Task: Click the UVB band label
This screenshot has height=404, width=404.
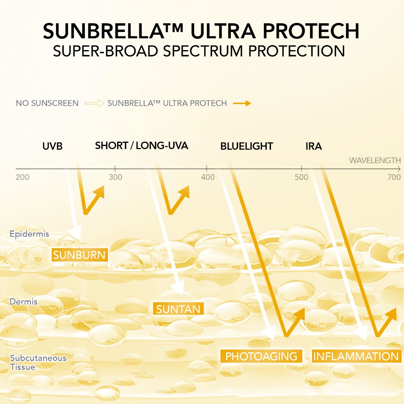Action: pos(52,146)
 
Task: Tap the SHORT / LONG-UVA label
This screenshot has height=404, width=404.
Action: pos(142,146)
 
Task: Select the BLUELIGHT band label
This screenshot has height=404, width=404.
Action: pos(247,146)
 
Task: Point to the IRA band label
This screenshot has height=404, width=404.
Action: pos(314,146)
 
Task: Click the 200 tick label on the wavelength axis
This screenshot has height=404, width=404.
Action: pos(22,177)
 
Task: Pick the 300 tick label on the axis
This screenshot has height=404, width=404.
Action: pos(115,177)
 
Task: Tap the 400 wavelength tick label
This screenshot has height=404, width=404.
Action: pos(208,177)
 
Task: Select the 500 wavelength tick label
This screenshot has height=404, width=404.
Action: pos(301,177)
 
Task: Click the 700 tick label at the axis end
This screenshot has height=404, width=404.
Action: pos(394,177)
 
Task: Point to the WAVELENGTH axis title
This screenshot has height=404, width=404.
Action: pos(375,161)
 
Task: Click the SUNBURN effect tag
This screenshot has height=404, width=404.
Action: pos(80,255)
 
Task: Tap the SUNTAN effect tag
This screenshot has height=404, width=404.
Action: pos(178,309)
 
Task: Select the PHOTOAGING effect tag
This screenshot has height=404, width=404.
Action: pos(261,356)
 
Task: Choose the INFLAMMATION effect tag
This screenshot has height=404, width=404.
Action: pos(357,356)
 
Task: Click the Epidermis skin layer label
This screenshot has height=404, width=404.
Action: pos(29,234)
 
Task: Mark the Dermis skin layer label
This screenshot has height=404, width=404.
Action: pos(23,302)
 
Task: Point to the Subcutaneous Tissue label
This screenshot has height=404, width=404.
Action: pos(38,362)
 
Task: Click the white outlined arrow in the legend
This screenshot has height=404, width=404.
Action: pos(95,103)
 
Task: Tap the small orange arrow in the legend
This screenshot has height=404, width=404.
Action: pos(242,103)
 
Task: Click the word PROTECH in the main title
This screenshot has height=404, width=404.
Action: pos(311,31)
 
